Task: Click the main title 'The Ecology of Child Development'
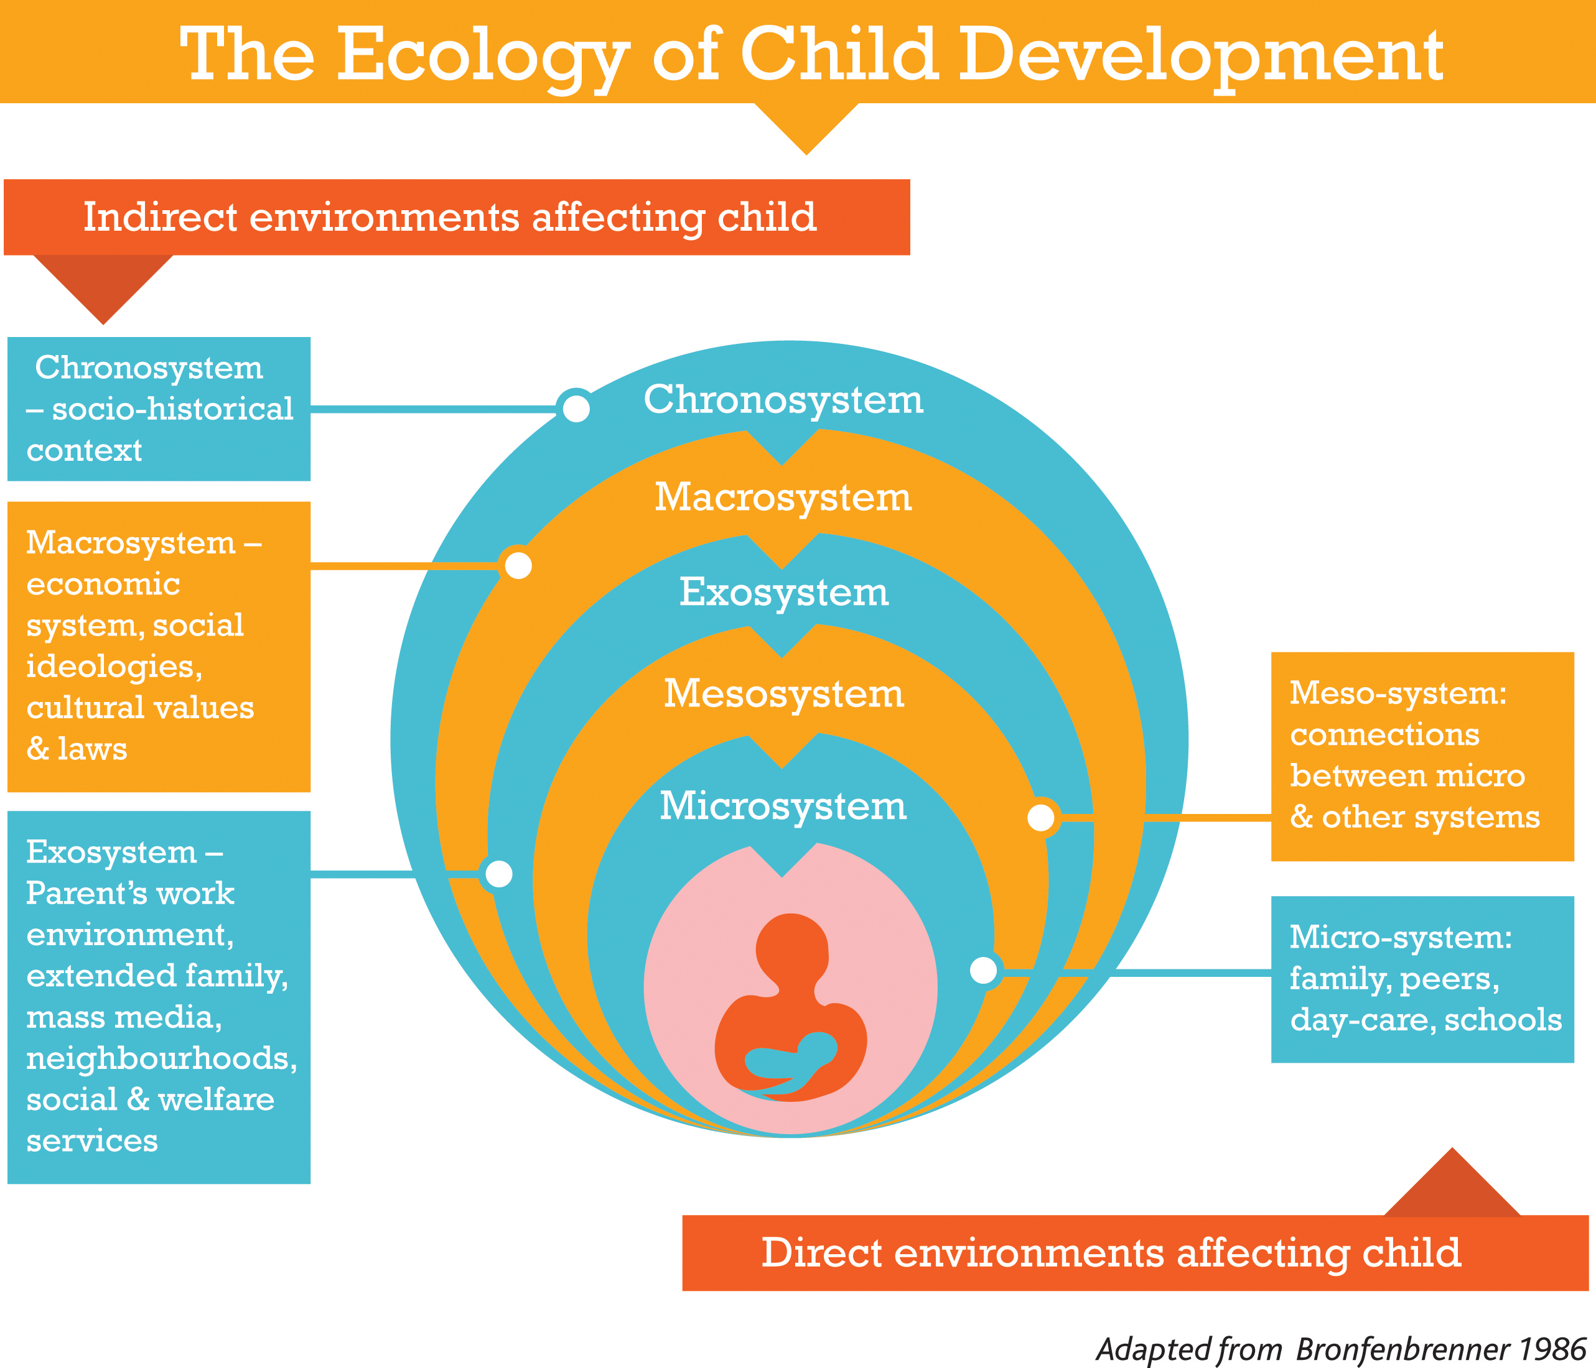pos(811,55)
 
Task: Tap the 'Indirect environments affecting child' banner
pos(457,217)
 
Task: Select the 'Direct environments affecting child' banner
pos(1136,1252)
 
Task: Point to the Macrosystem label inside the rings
pos(783,497)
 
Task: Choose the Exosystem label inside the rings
pos(783,592)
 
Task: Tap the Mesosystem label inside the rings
pos(783,693)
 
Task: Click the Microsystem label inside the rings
pos(783,806)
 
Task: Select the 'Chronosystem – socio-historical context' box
pos(159,409)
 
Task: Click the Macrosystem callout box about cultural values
pos(159,647)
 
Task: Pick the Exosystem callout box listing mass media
pos(159,997)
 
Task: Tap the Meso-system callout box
pos(1422,756)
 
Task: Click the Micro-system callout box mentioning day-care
pos(1422,979)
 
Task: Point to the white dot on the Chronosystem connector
pos(576,409)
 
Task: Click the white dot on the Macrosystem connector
pos(518,566)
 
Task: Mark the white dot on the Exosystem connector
pos(499,874)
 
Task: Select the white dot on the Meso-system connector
pos(1040,817)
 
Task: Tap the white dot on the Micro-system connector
pos(984,970)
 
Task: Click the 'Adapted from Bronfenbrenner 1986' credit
pos(1340,1349)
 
